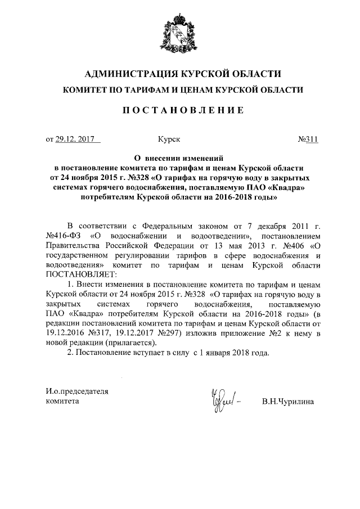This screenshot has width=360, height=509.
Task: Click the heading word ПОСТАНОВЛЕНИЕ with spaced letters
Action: (x=179, y=110)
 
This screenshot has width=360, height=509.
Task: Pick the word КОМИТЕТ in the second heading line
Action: (x=87, y=90)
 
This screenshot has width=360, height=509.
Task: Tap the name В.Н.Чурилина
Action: (x=287, y=402)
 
